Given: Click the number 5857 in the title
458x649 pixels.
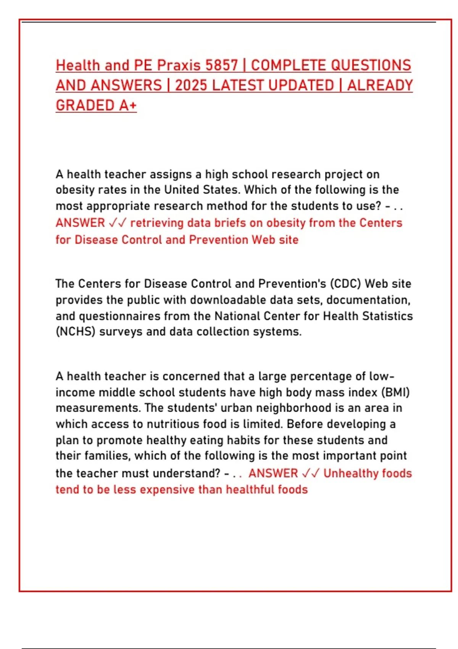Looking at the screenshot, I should [221, 65].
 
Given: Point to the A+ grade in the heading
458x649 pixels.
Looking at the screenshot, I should [127, 105].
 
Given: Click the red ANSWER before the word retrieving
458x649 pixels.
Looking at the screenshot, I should [80, 223].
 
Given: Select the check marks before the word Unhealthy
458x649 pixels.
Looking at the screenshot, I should [310, 473].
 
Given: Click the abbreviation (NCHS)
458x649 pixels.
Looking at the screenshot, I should [75, 331].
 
